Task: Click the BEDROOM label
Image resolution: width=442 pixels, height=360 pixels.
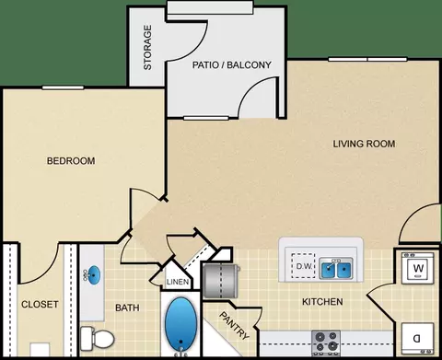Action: tap(71, 161)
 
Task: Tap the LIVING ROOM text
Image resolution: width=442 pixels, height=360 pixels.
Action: tap(364, 144)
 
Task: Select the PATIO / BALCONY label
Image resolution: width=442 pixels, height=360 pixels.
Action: tap(232, 65)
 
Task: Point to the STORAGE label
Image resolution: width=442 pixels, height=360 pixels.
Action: tap(147, 48)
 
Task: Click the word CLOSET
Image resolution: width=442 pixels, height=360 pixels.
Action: tap(40, 305)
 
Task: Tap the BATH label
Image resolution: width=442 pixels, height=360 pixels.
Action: tap(127, 308)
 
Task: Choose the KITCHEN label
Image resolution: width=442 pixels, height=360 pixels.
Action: tap(322, 302)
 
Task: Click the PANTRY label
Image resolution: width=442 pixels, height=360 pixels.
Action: tap(235, 326)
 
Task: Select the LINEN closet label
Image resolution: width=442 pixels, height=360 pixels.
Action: tap(178, 282)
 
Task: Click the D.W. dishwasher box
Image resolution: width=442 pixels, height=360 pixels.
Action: tap(303, 266)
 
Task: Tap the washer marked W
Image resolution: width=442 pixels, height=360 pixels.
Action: tap(418, 268)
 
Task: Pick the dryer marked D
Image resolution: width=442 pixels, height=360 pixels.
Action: tap(418, 339)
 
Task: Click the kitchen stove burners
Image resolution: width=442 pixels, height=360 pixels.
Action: tap(326, 342)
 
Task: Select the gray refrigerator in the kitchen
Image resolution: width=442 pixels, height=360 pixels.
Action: tap(221, 281)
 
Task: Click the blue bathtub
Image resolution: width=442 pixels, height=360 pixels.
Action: tap(181, 322)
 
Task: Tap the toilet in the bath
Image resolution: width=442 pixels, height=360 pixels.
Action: tap(97, 338)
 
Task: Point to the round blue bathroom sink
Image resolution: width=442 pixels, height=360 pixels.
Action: tap(93, 274)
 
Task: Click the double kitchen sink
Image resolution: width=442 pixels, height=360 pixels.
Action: tap(336, 269)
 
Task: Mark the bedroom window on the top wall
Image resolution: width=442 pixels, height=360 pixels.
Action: tap(63, 87)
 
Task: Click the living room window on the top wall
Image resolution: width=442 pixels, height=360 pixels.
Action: tap(367, 59)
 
